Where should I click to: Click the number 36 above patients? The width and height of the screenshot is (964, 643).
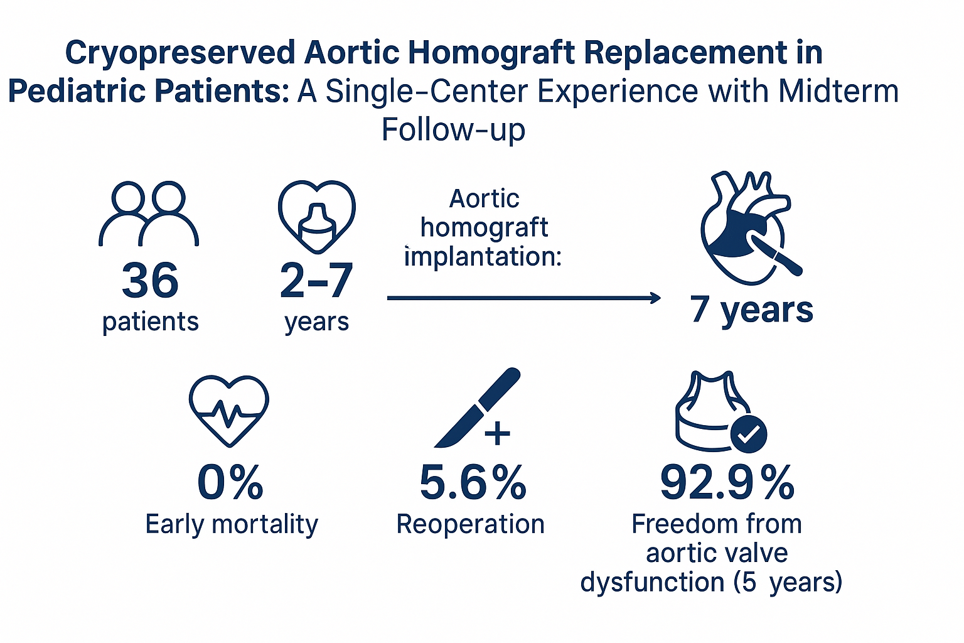(150, 280)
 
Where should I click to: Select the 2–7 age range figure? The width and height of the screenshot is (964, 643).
(316, 280)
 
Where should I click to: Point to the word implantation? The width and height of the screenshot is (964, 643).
(483, 257)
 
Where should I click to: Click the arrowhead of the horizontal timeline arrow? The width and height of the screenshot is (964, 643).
(656, 298)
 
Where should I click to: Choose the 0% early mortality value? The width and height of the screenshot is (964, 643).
(230, 483)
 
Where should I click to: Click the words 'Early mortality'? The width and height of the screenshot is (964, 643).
(232, 525)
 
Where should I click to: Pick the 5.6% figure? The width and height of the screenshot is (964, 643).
(473, 483)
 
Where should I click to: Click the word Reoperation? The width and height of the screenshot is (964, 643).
(470, 525)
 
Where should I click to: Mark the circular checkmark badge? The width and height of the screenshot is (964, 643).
(748, 434)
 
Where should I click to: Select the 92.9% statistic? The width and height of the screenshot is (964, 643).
(727, 483)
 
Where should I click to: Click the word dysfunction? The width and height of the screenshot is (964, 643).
(653, 582)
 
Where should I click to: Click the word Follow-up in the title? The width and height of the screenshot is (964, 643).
(454, 129)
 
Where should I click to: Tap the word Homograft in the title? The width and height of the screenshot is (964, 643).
(492, 53)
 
